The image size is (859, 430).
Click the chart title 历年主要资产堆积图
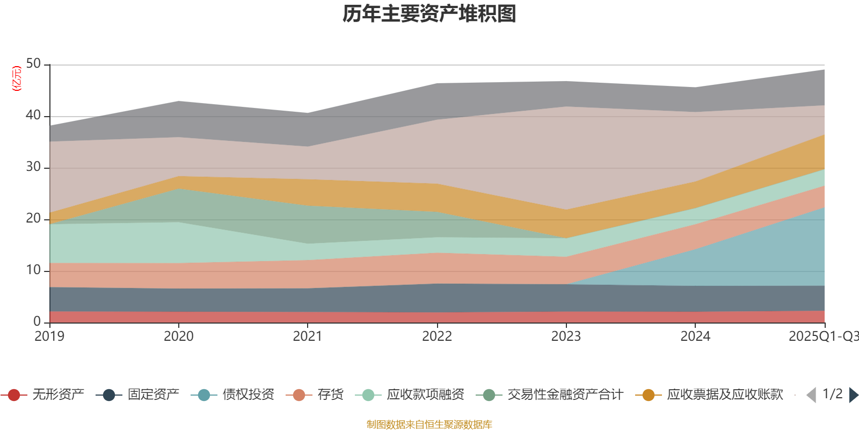(429, 14)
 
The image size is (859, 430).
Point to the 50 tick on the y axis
(33, 64)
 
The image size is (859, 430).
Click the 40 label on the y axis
(33, 116)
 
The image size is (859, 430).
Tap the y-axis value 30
(33, 167)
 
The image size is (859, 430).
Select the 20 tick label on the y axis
(33, 219)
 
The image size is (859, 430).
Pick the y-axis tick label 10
(33, 270)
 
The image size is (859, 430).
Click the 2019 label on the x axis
(49, 336)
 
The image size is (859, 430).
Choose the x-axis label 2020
(179, 336)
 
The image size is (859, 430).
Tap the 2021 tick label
(308, 336)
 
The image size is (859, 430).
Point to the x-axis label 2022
(437, 336)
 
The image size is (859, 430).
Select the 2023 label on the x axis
(566, 336)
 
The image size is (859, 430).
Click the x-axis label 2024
(695, 336)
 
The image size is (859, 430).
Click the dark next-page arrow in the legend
(853, 395)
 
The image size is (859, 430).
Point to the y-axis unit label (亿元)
(17, 78)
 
